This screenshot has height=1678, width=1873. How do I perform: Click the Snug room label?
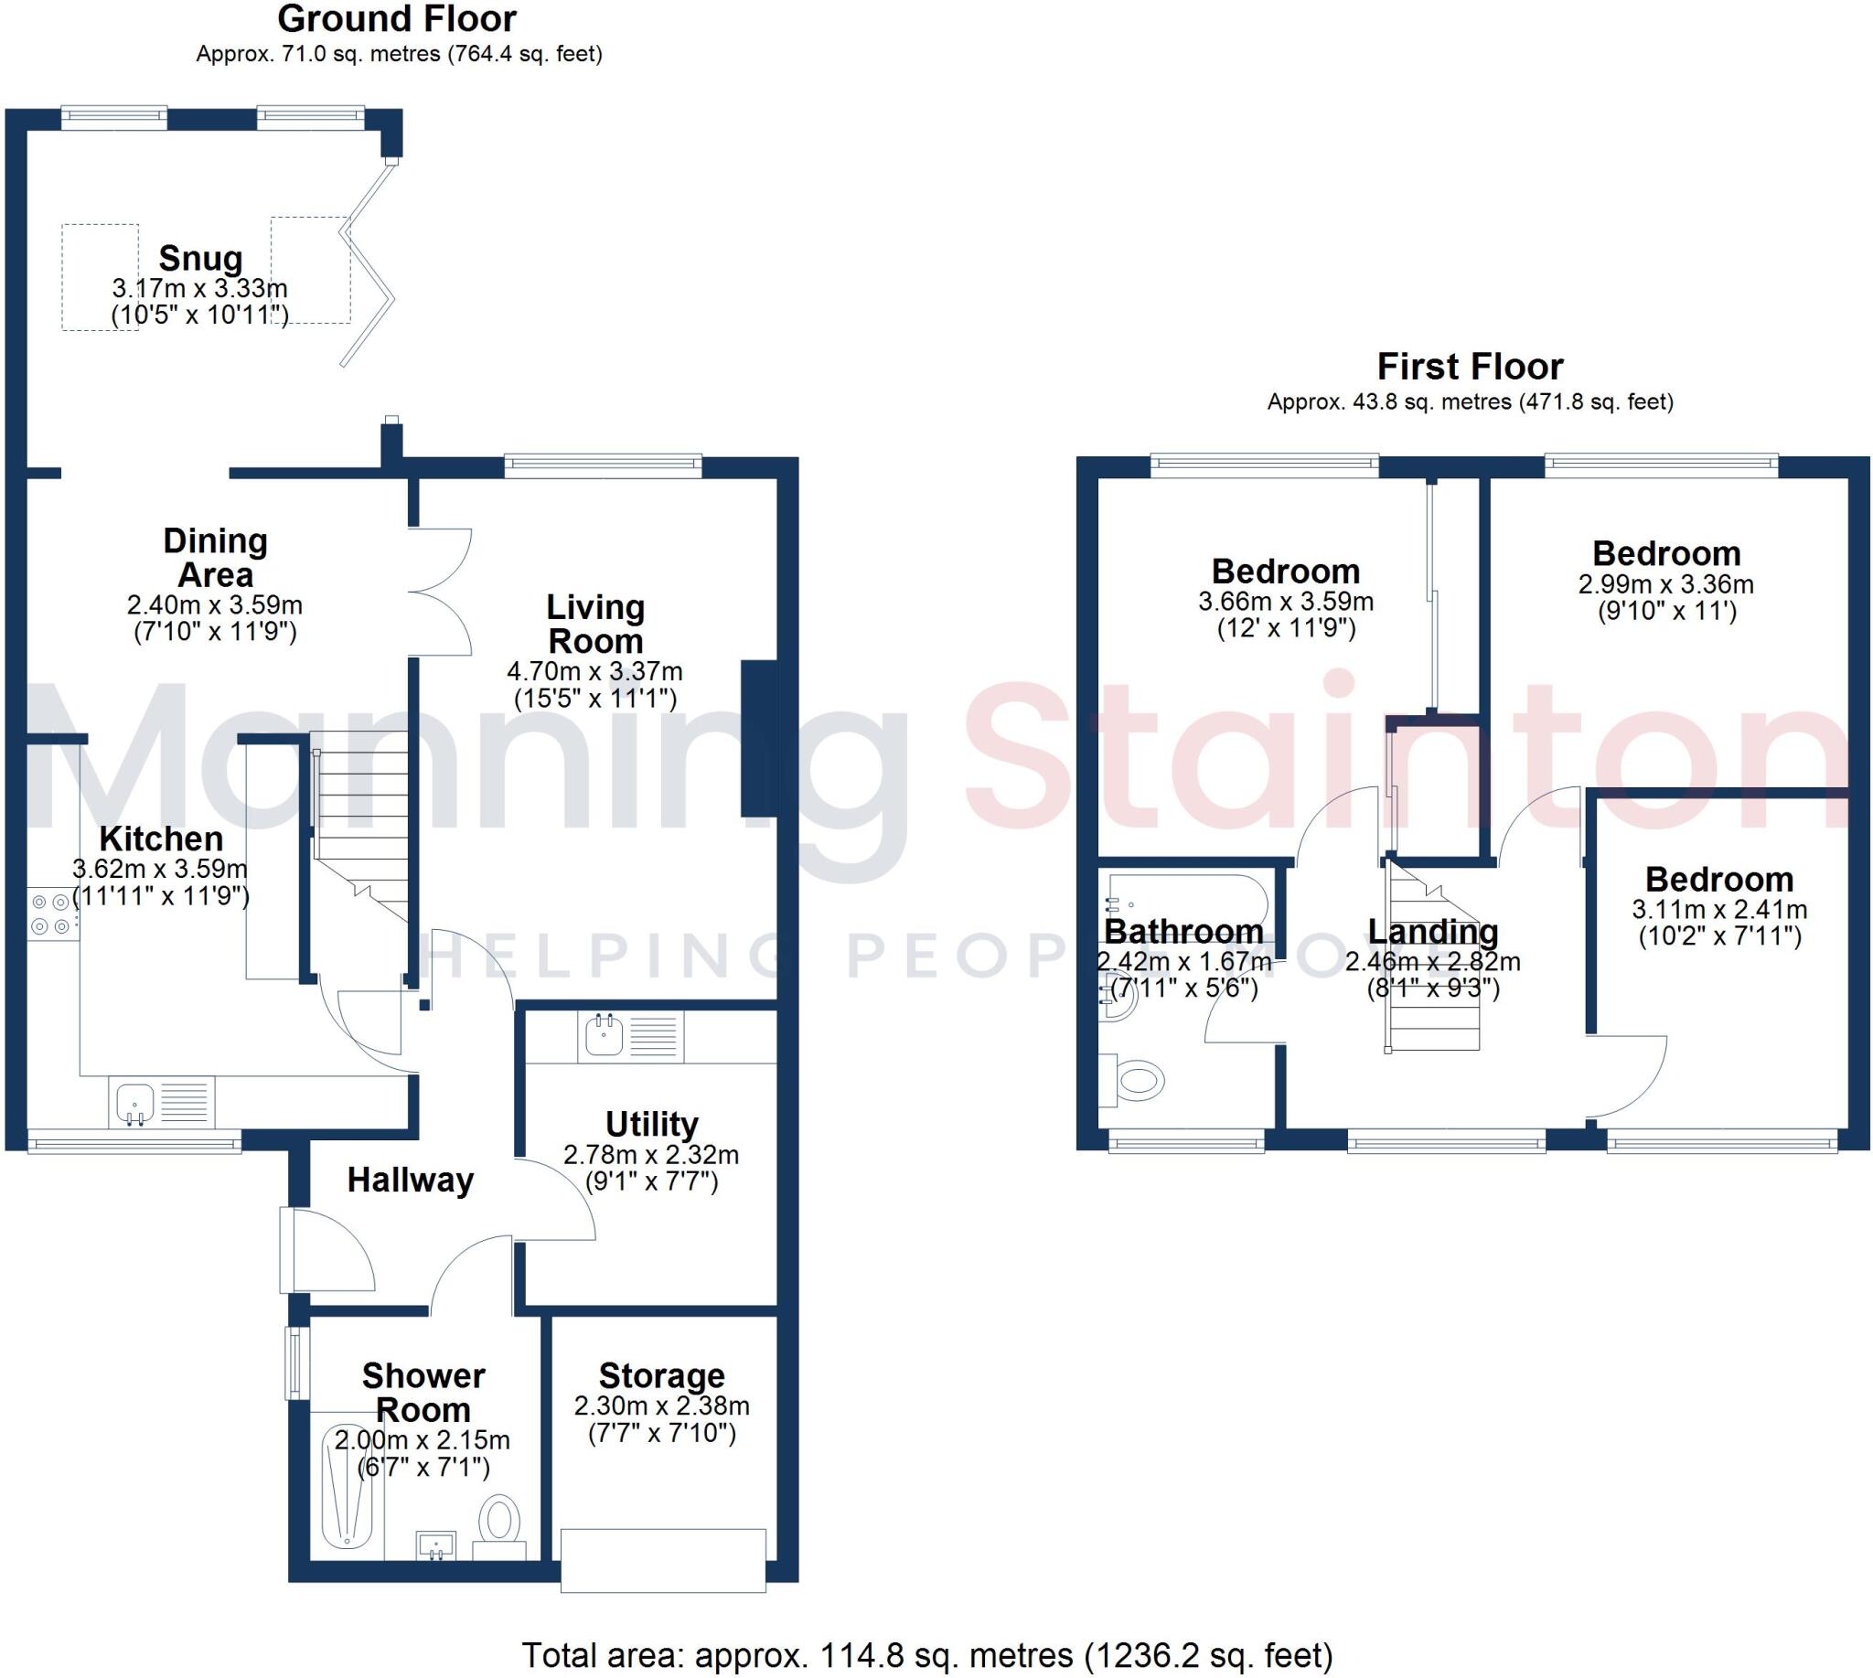pyautogui.click(x=200, y=259)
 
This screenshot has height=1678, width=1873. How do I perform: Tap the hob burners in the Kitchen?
pyautogui.click(x=48, y=914)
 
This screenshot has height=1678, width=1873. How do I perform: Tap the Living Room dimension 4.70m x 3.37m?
pyautogui.click(x=594, y=671)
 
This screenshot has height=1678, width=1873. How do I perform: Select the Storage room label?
pyautogui.click(x=661, y=1375)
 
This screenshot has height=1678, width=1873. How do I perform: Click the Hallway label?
pyautogui.click(x=411, y=1181)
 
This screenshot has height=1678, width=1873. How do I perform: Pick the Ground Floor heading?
pyautogui.click(x=398, y=18)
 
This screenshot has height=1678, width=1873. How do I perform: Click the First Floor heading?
pyautogui.click(x=1470, y=367)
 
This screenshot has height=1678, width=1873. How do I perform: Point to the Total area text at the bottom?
pyautogui.click(x=926, y=1656)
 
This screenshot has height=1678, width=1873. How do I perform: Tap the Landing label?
pyautogui.click(x=1432, y=931)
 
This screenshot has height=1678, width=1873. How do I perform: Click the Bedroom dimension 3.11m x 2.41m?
pyautogui.click(x=1719, y=909)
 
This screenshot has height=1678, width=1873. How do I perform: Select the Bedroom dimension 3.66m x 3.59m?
pyautogui.click(x=1286, y=602)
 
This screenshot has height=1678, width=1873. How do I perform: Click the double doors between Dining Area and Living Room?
pyautogui.click(x=440, y=591)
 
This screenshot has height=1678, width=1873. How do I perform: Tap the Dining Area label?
pyautogui.click(x=215, y=558)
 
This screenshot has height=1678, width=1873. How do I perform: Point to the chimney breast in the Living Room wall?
pyautogui.click(x=759, y=738)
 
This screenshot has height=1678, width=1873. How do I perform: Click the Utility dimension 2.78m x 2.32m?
pyautogui.click(x=651, y=1154)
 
